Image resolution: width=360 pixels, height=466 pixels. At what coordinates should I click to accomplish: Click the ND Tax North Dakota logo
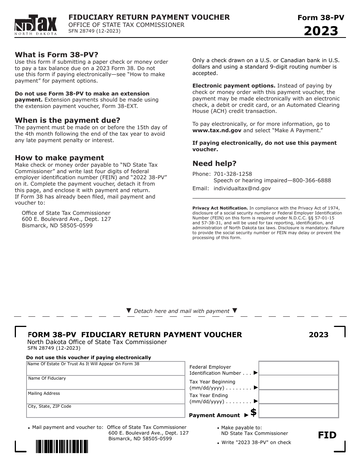click(x=36, y=25)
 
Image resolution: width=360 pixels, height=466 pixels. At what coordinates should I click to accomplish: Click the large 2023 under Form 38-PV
click(x=321, y=31)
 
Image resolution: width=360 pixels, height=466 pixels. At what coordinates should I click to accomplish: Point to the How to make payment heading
click(x=59, y=158)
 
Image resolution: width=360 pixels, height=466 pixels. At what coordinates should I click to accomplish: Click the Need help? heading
click(x=214, y=164)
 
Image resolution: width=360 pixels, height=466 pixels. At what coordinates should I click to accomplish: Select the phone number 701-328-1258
click(x=233, y=174)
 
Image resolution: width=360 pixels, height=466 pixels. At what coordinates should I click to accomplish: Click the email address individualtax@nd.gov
click(x=242, y=188)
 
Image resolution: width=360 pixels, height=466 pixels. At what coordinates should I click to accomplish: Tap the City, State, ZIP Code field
click(x=105, y=411)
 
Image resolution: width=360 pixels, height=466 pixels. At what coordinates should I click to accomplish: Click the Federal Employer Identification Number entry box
click(x=299, y=368)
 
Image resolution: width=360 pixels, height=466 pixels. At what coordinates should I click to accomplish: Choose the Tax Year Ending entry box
click(x=299, y=397)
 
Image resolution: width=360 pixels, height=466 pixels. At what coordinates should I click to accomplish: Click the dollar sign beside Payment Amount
click(x=254, y=412)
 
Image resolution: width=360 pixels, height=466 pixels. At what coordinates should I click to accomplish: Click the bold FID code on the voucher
click(x=327, y=435)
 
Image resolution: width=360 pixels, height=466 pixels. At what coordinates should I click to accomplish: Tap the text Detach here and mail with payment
click(x=182, y=311)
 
